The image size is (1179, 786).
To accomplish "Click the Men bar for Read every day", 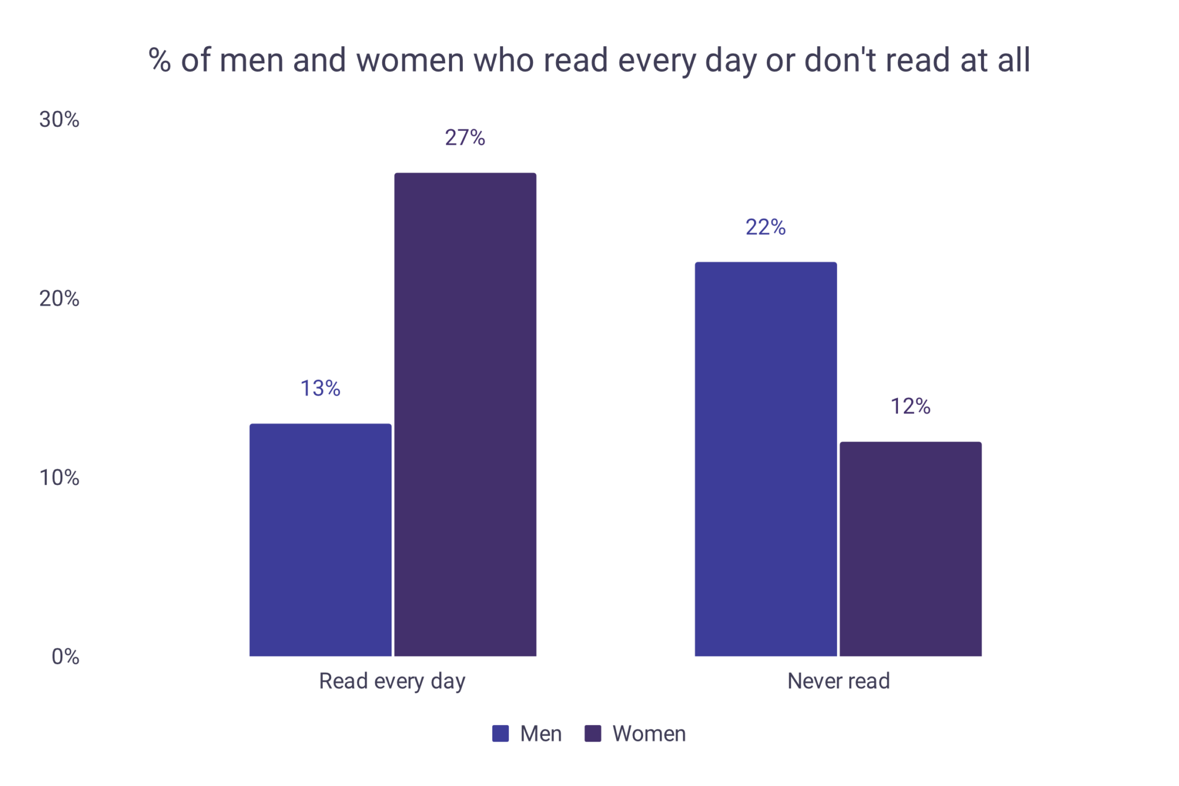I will coord(320,540).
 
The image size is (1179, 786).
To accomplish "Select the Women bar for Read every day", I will coord(465,414).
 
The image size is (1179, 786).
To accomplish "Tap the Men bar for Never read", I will coord(766,459).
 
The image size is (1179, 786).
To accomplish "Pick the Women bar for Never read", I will coord(910,549).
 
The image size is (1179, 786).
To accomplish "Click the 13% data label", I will coord(320,389).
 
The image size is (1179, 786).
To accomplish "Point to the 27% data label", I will coord(465,138).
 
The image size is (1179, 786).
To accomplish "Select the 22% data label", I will coord(766,227).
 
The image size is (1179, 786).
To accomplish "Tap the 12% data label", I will coord(910,407).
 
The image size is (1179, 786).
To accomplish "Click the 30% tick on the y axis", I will coord(59,119).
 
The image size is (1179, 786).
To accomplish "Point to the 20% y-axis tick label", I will coord(59,298).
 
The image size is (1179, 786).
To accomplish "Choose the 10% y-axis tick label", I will coord(59,477).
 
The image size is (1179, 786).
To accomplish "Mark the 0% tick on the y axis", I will coord(65,656).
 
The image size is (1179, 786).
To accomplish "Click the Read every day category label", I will coord(392,681).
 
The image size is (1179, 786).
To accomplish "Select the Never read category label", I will coord(838,681).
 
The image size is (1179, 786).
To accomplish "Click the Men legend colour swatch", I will coord(500,734).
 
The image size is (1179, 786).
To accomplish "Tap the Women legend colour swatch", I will coord(593,734).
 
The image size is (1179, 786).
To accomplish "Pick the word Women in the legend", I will coord(649,734).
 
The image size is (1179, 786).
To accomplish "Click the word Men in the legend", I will coord(541,734).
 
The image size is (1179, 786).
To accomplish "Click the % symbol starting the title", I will coord(159,60).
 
